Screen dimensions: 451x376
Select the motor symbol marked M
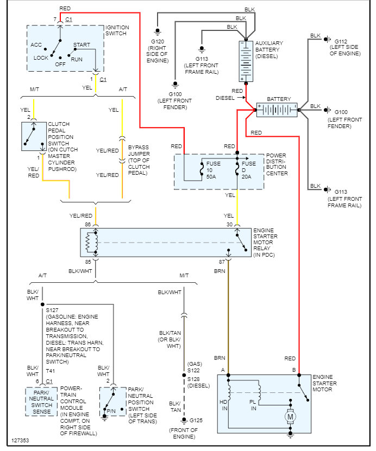[x=290, y=417]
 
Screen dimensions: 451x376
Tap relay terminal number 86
[x=88, y=224]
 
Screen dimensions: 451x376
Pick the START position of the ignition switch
[x=82, y=45]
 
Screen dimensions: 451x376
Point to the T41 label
[x=51, y=371]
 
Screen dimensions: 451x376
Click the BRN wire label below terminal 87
[x=220, y=270]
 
